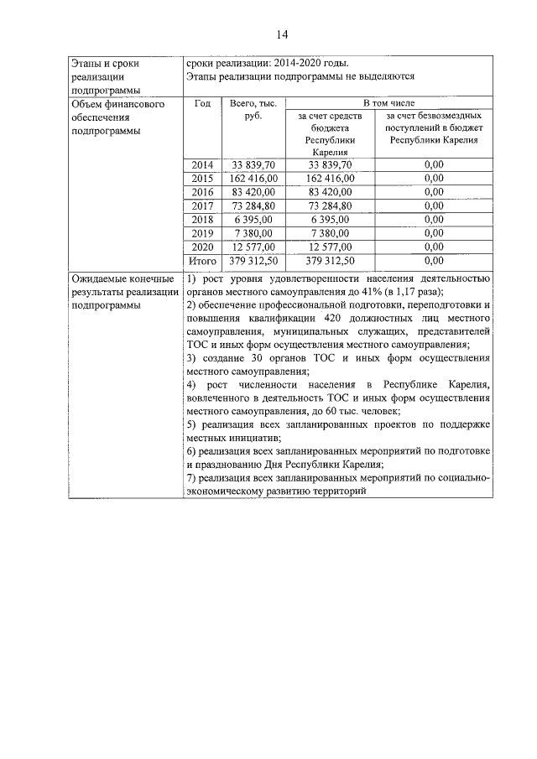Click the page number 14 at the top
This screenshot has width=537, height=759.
pyautogui.click(x=281, y=34)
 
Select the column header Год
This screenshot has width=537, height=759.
pyautogui.click(x=201, y=104)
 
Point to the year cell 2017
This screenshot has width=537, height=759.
pyautogui.click(x=202, y=205)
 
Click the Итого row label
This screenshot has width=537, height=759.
pyautogui.click(x=202, y=261)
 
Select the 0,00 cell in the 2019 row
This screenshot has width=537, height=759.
pyautogui.click(x=433, y=233)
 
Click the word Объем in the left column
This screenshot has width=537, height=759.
pyautogui.click(x=87, y=104)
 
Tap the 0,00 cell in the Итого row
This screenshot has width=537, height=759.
pyautogui.click(x=433, y=261)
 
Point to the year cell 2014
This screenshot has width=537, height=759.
pyautogui.click(x=202, y=164)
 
